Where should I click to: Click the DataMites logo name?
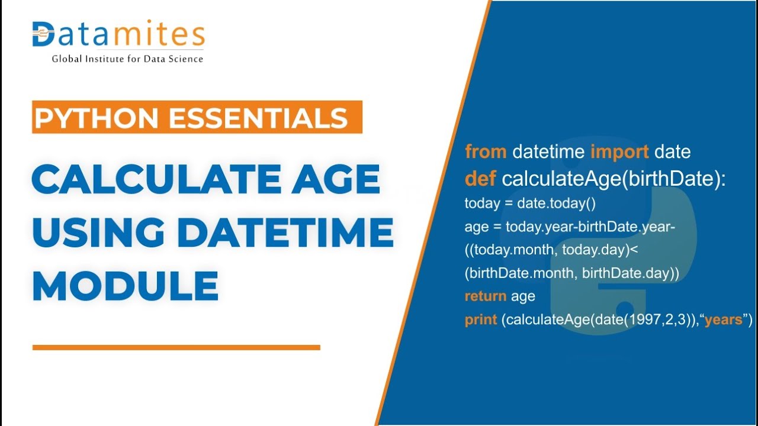point(118,35)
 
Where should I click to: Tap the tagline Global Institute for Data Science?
point(127,59)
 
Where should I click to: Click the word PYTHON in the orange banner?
point(97,118)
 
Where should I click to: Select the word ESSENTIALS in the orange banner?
point(257,118)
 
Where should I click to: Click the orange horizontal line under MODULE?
point(176,347)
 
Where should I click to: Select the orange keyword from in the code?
point(486,152)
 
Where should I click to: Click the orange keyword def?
point(480,178)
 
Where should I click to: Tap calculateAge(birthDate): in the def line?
point(614,178)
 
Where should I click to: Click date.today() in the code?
point(556,204)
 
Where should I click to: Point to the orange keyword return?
point(485,296)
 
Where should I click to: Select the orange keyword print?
point(480,320)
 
